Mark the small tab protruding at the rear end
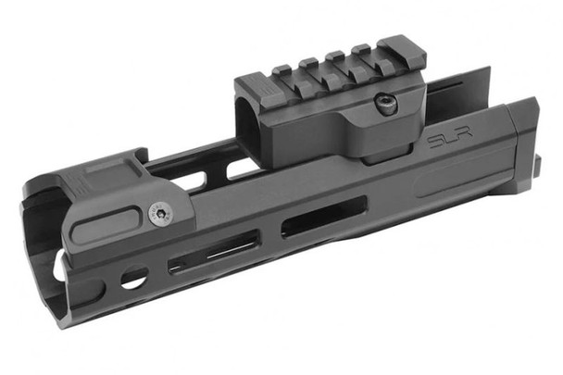[x=536, y=168]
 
